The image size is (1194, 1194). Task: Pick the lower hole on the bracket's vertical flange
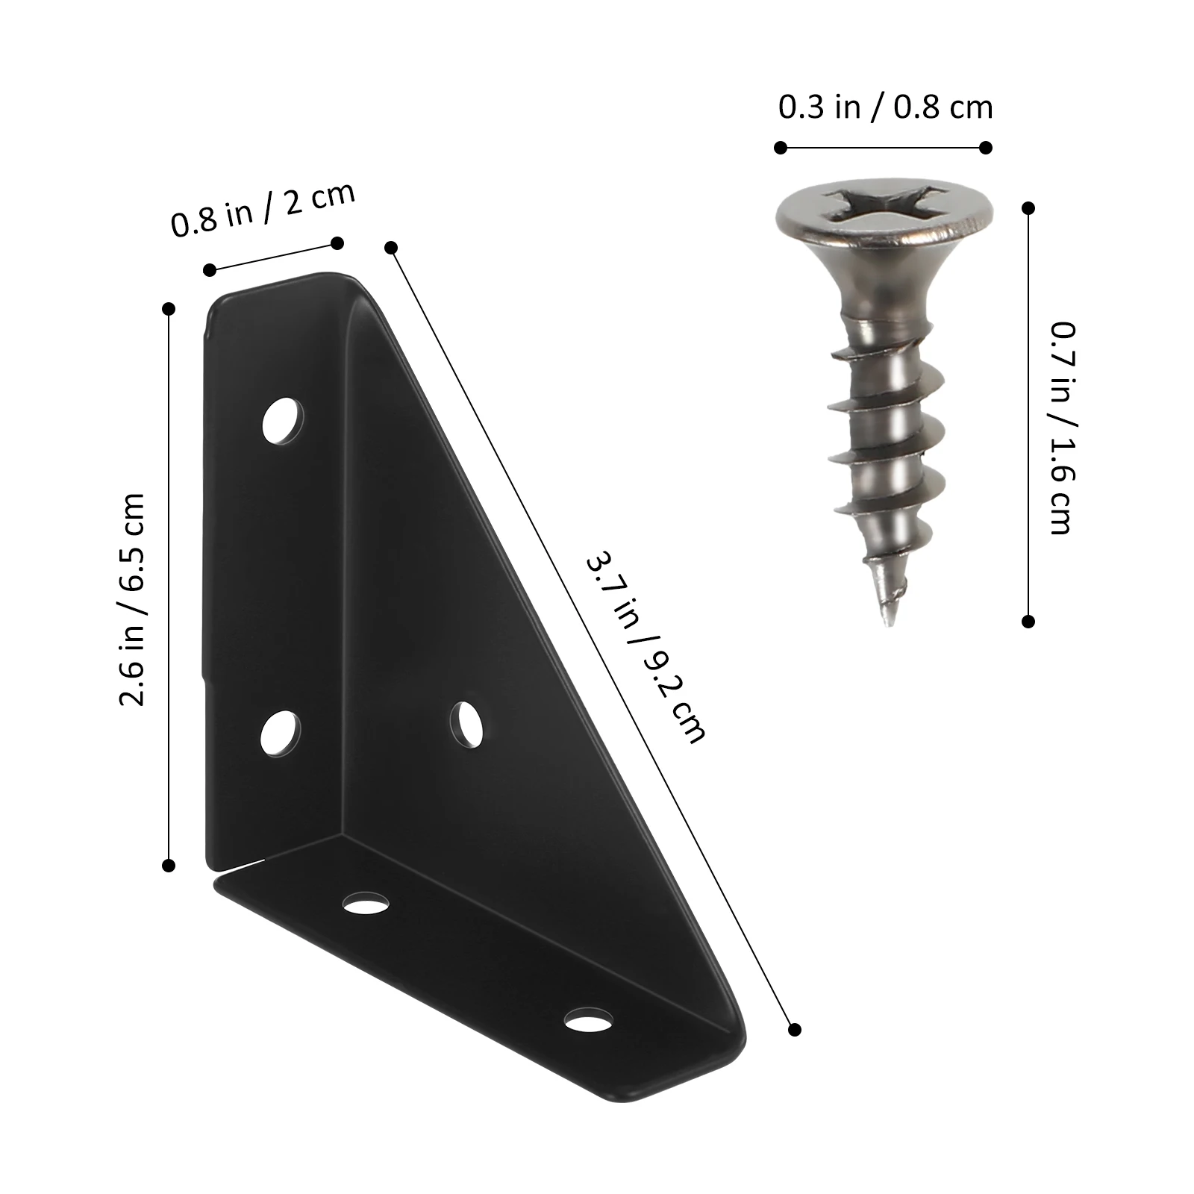tap(281, 733)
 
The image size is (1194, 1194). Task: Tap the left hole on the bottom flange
tap(366, 904)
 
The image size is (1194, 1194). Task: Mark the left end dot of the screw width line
tap(781, 148)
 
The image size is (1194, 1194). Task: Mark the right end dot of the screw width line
tap(986, 148)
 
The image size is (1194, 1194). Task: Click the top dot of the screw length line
tap(1029, 209)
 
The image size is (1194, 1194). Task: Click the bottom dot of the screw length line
tap(1028, 621)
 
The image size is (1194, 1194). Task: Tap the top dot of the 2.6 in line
tap(169, 308)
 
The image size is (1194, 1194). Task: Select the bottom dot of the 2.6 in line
tap(169, 866)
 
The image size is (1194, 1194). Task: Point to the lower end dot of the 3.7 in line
tap(794, 1030)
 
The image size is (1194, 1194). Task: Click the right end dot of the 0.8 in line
tap(337, 243)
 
